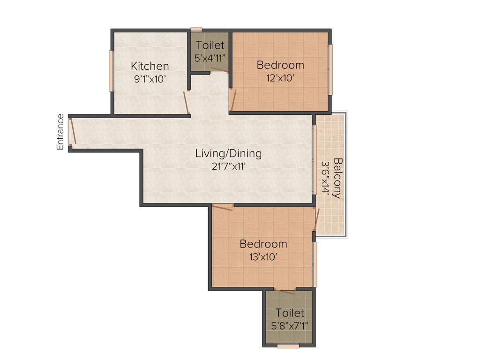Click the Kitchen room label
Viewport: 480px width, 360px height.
tap(150, 66)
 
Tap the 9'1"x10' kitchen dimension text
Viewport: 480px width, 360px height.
tap(150, 79)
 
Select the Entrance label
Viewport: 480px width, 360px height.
tap(60, 132)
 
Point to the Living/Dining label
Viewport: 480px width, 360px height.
tap(228, 153)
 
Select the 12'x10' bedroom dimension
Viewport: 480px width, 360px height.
tap(280, 78)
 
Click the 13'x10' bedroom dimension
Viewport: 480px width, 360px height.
tap(263, 256)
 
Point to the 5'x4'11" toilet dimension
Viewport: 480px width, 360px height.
tap(210, 58)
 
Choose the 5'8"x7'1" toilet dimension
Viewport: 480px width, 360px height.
tap(289, 325)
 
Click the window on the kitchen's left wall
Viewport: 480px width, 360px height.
tap(111, 71)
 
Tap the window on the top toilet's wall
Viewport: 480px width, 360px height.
tap(196, 29)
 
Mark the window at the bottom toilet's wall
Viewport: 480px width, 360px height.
tap(288, 346)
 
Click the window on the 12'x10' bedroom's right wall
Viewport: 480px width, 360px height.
tap(330, 69)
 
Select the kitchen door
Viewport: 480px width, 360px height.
tap(186, 103)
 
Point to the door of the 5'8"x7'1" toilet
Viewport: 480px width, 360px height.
tap(285, 291)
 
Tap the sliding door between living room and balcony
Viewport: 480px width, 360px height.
tap(315, 159)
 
